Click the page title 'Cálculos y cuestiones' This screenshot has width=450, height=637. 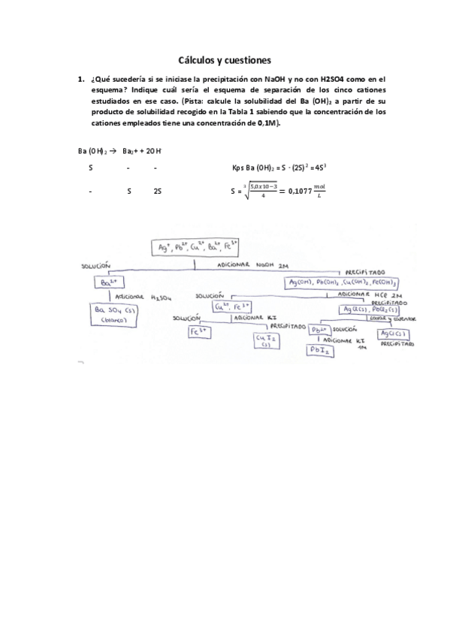(x=225, y=59)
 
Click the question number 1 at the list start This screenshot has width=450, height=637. (x=80, y=77)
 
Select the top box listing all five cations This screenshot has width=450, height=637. (x=195, y=246)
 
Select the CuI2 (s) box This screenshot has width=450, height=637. (x=264, y=341)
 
